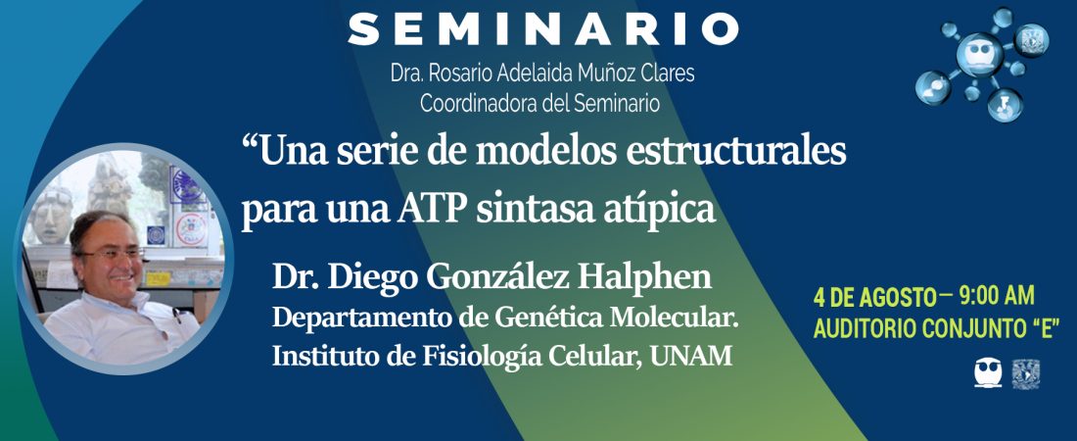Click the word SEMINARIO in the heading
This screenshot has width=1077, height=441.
[x=543, y=29]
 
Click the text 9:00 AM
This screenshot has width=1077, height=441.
[x=997, y=297]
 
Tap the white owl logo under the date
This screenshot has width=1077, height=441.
[x=988, y=372]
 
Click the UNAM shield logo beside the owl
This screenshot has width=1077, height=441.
[x=1025, y=373]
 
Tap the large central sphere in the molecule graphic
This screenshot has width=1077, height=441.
[x=980, y=54]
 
